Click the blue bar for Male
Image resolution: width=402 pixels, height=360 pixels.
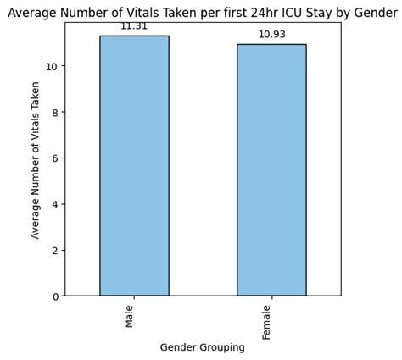[134, 165]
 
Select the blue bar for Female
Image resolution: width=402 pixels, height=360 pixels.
[271, 169]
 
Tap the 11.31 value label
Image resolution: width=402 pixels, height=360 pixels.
[134, 26]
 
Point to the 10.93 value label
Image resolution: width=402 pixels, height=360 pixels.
[271, 35]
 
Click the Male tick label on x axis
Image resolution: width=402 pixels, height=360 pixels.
[130, 316]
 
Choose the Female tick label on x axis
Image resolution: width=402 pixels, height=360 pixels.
[267, 322]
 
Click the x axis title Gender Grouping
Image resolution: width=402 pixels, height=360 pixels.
[203, 347]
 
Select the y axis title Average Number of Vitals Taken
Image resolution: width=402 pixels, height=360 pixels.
[36, 160]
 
